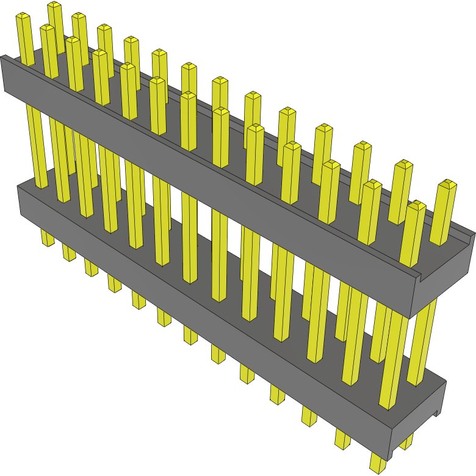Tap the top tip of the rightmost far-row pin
(x=449, y=183)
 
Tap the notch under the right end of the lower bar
(x=437, y=414)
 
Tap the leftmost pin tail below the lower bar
(x=48, y=238)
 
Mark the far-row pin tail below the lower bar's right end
(x=406, y=441)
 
